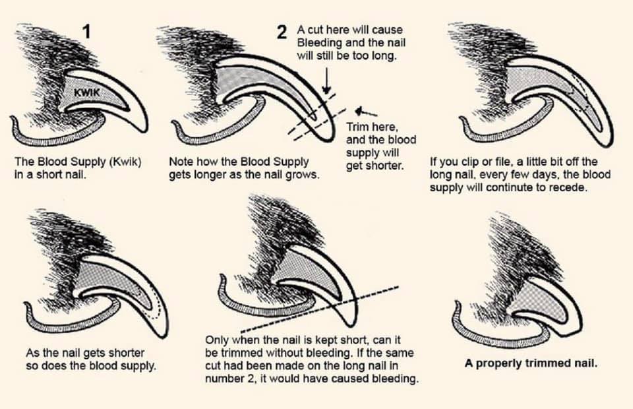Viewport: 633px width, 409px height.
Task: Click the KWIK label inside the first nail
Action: click(86, 92)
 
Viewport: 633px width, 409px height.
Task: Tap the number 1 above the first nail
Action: click(86, 31)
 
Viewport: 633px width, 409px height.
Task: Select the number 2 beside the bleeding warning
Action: click(282, 32)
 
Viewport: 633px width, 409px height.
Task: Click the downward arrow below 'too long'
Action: click(327, 80)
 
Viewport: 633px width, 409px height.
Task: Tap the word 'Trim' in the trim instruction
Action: click(357, 127)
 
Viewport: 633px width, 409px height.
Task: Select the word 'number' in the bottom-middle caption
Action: click(224, 379)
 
